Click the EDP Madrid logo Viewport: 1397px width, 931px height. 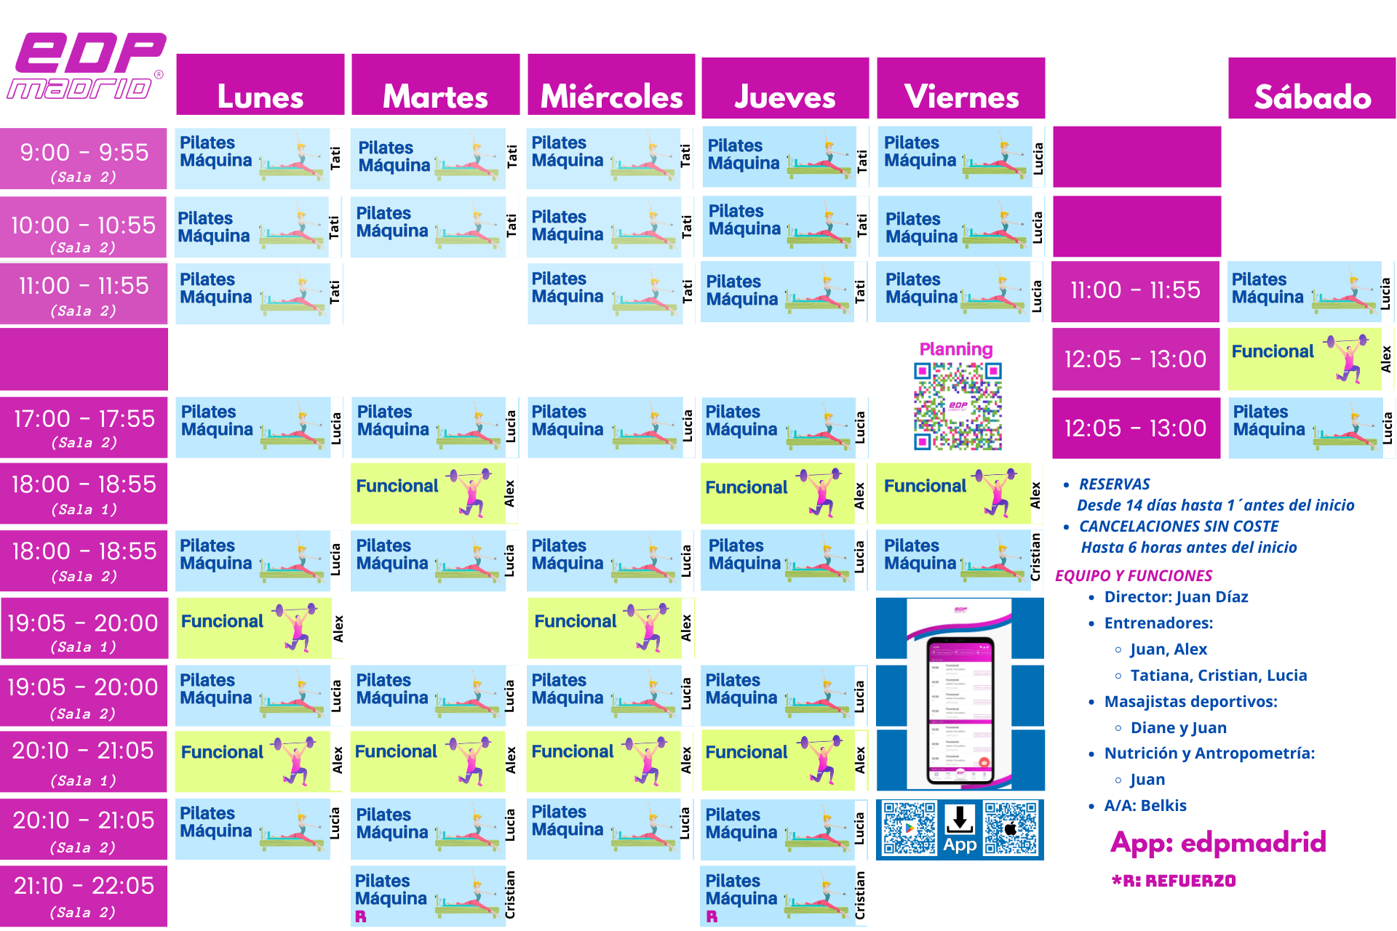pos(86,66)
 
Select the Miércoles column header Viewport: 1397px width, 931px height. pos(611,86)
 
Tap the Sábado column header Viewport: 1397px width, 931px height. pos(1312,89)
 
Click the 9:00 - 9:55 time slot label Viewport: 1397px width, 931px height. pos(84,159)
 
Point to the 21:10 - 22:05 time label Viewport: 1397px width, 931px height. pos(84,895)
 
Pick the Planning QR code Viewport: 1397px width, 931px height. pos(958,406)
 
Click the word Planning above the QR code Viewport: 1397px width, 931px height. pos(956,349)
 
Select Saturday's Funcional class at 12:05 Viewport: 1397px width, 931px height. pos(1304,359)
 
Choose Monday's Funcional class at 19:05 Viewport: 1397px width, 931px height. pos(253,628)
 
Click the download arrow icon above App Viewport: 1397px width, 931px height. pos(960,819)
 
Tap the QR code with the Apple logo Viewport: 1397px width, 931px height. pos(1011,828)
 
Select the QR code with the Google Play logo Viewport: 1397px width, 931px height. pos(909,828)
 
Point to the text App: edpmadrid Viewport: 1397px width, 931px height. pos(1218,842)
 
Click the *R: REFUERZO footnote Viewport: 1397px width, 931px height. pos(1174,881)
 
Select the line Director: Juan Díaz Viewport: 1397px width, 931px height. pos(1176,597)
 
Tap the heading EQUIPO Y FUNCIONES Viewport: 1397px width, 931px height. pos(1134,576)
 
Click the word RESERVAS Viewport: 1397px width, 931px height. pos(1114,484)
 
